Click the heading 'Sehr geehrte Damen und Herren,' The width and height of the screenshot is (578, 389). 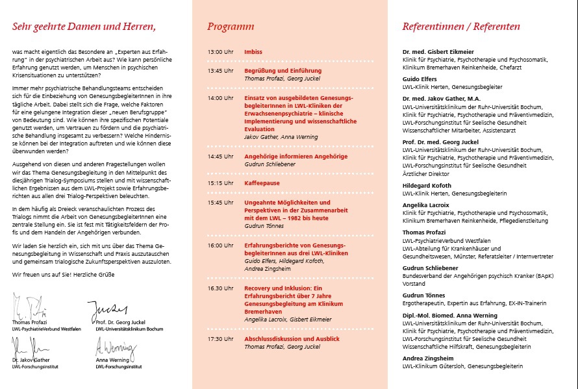[x=84, y=27]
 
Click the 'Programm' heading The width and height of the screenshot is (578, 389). [x=231, y=27]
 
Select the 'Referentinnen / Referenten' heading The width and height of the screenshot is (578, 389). [x=461, y=27]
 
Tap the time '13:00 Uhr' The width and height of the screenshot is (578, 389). [x=220, y=51]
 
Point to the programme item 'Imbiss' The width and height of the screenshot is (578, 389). [x=253, y=51]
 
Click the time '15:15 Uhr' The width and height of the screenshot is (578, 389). [x=220, y=183]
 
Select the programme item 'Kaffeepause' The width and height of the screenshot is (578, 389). [x=262, y=183]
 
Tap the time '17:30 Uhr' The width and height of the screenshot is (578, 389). [x=220, y=339]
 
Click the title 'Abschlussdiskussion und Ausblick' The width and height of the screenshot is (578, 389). [x=292, y=339]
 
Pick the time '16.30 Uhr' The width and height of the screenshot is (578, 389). [x=220, y=288]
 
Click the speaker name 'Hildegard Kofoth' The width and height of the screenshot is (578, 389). [x=429, y=185]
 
